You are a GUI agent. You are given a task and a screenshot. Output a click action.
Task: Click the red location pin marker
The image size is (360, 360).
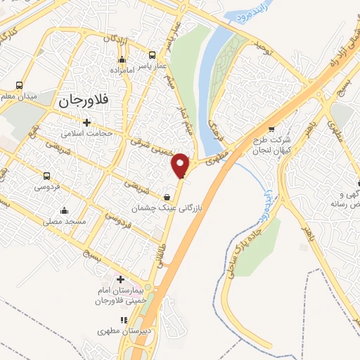point(181,165)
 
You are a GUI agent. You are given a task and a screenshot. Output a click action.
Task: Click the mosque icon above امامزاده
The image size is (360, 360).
point(122,60)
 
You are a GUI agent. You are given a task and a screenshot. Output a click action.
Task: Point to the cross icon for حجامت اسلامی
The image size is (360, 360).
point(86,122)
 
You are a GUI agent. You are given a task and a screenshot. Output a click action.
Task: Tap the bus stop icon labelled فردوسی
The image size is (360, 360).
point(47,176)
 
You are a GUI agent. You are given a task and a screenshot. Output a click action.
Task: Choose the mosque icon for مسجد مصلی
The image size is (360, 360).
point(64,210)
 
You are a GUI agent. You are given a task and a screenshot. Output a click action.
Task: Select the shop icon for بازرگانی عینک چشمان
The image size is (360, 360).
point(167,197)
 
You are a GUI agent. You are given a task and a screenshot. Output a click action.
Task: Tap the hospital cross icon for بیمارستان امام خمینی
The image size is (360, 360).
point(120,280)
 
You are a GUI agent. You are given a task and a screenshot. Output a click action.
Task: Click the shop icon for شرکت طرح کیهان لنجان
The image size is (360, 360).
point(271,129)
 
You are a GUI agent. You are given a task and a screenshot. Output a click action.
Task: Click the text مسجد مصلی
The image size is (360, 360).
point(64,221)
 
